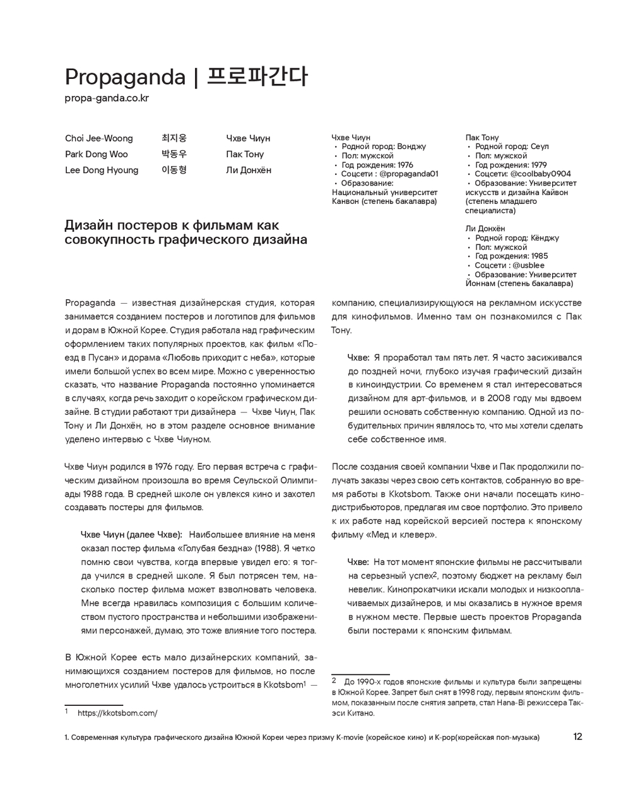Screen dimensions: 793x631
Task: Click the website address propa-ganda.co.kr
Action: pyautogui.click(x=107, y=98)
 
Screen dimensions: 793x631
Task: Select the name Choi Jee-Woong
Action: pyautogui.click(x=99, y=138)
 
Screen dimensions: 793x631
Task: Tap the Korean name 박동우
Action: pyautogui.click(x=174, y=154)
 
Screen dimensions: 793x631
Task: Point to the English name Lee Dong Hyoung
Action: pyautogui.click(x=102, y=170)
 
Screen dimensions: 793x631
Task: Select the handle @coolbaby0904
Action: pyautogui.click(x=541, y=174)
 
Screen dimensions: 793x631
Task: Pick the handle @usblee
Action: pyautogui.click(x=529, y=265)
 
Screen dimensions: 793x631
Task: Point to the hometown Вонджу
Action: pyautogui.click(x=412, y=146)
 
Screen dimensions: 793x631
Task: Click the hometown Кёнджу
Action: pyautogui.click(x=545, y=238)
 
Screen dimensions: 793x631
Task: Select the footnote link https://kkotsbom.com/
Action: pyautogui.click(x=117, y=713)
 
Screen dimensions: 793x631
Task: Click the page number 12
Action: pyautogui.click(x=578, y=737)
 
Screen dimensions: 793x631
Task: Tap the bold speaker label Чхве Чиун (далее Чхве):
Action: pyautogui.click(x=131, y=535)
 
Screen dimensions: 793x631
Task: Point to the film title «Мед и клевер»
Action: pyautogui.click(x=401, y=535)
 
